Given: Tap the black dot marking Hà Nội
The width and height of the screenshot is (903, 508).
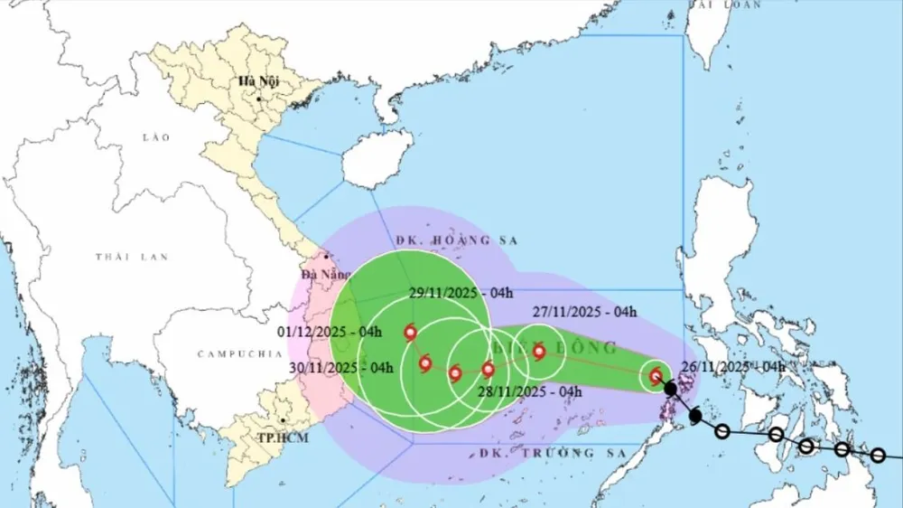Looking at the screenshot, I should click(x=259, y=98).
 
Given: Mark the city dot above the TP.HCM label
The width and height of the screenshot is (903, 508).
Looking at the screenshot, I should click(x=284, y=420).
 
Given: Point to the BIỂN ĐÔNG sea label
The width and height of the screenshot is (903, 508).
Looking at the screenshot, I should click(x=555, y=347).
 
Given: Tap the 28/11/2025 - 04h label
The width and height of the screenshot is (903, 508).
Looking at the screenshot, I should click(x=528, y=391).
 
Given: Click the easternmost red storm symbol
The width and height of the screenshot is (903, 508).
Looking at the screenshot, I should click(x=656, y=376).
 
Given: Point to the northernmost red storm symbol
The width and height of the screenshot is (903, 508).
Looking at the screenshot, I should click(x=412, y=334).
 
